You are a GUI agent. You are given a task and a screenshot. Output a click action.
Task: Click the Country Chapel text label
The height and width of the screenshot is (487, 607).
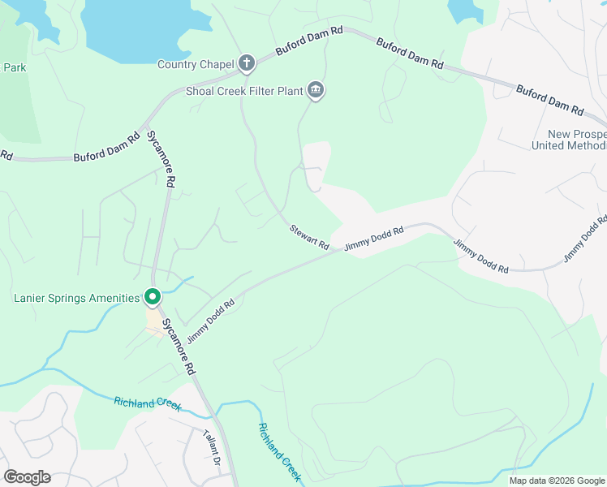[194, 64]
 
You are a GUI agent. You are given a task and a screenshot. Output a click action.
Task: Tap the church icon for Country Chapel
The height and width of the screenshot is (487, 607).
[247, 63]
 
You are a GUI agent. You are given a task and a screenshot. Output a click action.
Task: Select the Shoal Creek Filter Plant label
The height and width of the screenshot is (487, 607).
[244, 92]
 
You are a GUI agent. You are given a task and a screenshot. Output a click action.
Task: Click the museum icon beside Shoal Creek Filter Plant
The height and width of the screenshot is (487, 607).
[316, 90]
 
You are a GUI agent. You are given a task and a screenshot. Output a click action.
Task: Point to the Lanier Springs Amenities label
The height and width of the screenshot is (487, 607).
[77, 298]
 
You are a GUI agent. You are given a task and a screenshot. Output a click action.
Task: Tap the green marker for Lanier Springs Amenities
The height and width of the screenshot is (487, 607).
[152, 297]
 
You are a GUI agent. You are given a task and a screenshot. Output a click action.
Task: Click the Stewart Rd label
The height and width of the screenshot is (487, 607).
[309, 238]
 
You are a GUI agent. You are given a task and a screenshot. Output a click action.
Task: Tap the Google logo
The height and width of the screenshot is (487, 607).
[27, 476]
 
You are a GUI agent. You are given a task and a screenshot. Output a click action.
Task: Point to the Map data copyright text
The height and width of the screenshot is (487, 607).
[557, 481]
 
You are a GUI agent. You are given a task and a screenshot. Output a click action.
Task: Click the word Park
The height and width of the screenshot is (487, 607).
[15, 67]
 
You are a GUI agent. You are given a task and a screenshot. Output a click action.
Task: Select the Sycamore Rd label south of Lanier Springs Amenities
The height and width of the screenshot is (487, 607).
[178, 346]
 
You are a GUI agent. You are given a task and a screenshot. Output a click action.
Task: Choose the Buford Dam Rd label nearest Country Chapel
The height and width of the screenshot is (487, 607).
[309, 41]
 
